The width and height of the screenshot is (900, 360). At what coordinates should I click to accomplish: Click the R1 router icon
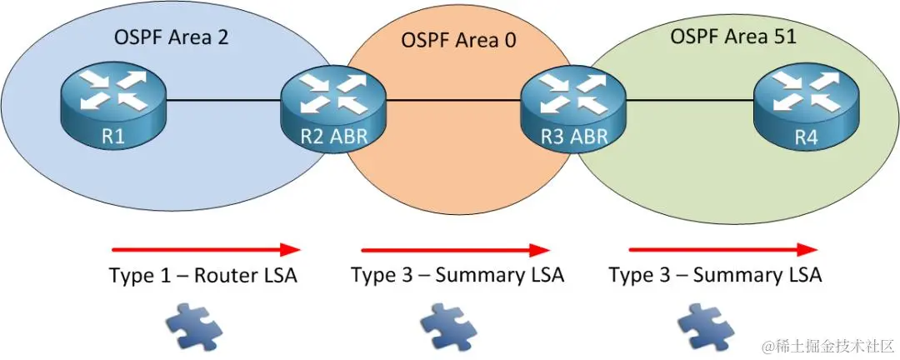113,107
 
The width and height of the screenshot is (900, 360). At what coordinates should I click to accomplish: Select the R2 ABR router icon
332,107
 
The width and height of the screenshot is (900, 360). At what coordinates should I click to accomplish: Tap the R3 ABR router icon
572,108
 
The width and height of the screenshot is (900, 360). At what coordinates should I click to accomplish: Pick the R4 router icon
805,107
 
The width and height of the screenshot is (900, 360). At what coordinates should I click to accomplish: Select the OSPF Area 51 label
734,37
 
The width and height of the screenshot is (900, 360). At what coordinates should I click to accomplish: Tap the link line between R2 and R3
452,101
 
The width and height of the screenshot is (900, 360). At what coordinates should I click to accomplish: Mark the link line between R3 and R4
688,101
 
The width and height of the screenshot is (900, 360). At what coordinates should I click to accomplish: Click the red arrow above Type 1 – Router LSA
205,248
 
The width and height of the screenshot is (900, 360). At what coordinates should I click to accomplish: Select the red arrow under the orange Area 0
455,249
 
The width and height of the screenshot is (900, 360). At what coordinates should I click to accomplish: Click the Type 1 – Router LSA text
202,276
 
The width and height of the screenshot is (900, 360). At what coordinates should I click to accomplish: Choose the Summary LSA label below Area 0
457,275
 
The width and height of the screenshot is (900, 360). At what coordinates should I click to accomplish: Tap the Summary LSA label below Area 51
715,275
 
